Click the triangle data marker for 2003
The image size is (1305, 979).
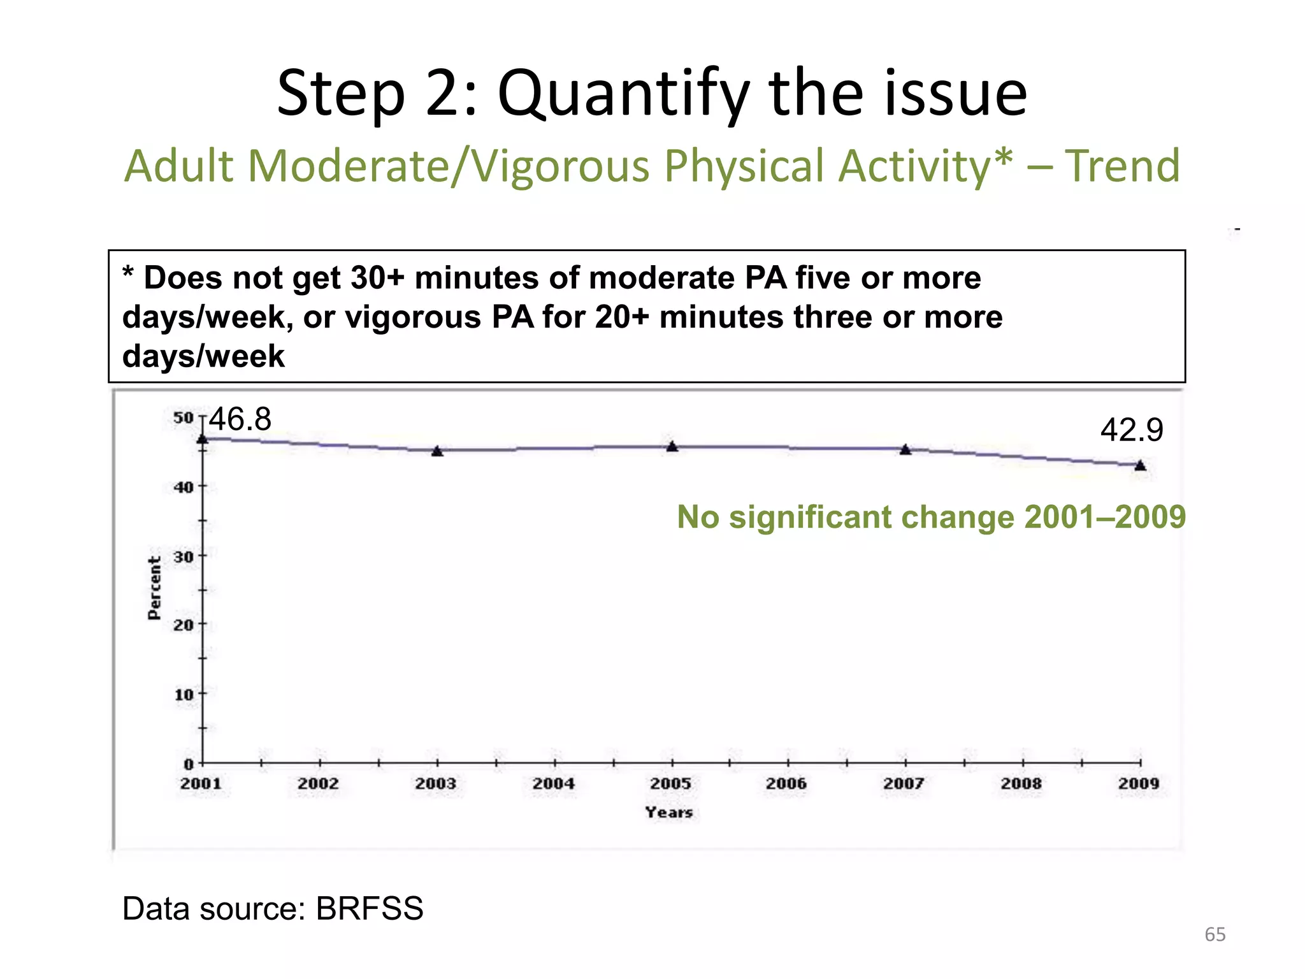[437, 451]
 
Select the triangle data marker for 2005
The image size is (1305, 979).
[672, 447]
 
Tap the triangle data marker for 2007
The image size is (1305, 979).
[905, 450]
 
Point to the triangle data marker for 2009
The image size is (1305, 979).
[1141, 466]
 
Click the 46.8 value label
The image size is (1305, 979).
[240, 419]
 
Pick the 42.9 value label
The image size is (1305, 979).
[1132, 430]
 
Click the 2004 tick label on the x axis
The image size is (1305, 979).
[554, 783]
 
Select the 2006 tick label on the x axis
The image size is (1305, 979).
[787, 783]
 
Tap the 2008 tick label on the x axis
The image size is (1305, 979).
[1021, 783]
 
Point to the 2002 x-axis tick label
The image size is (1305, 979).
[319, 783]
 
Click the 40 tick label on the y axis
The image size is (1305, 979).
[184, 488]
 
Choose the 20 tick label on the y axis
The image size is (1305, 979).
[184, 625]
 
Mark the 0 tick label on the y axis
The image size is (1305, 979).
[189, 764]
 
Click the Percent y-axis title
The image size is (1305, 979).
[154, 588]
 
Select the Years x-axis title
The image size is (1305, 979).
[668, 813]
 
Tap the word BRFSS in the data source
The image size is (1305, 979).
[370, 908]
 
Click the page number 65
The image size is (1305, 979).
[1215, 934]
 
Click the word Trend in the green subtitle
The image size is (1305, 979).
[1122, 166]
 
